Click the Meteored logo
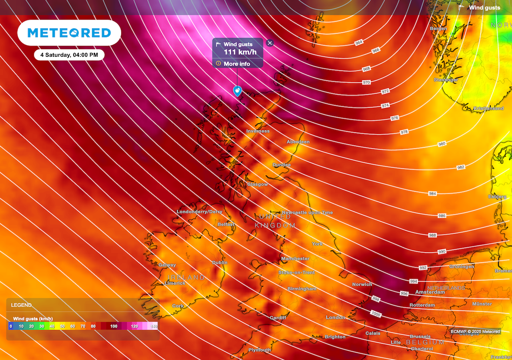coord(69,33)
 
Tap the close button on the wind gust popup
coord(270,43)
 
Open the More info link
coord(237,64)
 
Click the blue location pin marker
coord(238,91)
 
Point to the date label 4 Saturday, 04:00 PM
coord(69,54)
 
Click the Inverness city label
coord(258,131)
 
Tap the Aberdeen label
coord(298,142)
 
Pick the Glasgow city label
coord(257,184)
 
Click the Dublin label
coord(220,263)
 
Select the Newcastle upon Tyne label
coord(307,213)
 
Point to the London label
coord(335,318)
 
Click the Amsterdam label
coord(430,292)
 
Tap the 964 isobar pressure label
coord(359,42)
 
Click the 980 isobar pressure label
coord(442,144)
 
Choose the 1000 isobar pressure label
coord(375,314)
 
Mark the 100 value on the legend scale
coord(114,326)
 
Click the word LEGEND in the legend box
coord(21,305)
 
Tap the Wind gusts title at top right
coord(484,8)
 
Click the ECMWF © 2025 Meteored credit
coord(475,331)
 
